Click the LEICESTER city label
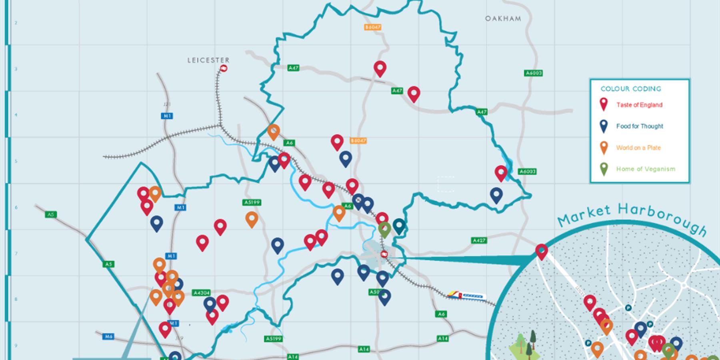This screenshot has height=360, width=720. pos(208,60)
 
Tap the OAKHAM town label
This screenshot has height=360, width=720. pos(503,18)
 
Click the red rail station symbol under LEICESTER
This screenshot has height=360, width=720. pos(224,68)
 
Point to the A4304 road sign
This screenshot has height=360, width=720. pos(201,292)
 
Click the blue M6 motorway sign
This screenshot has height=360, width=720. pos(108,336)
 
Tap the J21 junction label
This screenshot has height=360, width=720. pos(167,104)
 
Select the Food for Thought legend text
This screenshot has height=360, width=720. pos(640,126)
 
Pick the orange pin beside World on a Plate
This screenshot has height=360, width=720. pos(604,148)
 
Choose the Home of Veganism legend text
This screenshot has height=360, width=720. pos(646,169)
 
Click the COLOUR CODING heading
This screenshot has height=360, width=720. pos(631,89)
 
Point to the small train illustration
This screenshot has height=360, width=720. pos(466,296)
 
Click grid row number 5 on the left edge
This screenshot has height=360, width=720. pos(16,161)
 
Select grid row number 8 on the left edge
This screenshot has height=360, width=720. pos(16,299)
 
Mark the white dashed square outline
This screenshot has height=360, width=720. pos(446,184)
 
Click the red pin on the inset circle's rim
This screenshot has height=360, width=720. pos(542,252)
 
